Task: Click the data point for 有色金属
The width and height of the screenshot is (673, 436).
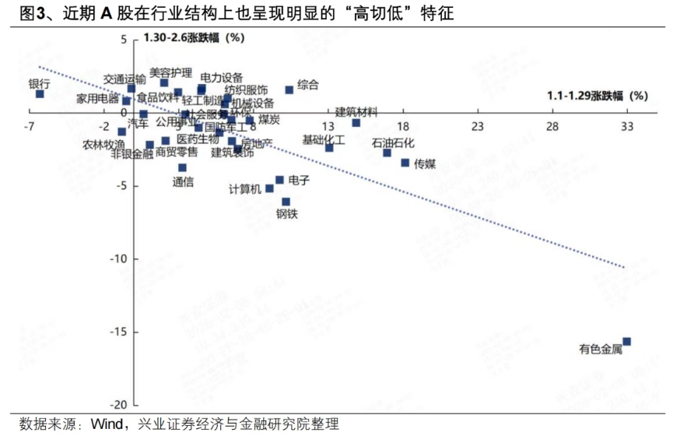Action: (x=626, y=342)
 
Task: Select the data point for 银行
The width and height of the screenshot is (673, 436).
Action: (x=40, y=93)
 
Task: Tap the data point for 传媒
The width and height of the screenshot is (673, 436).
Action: (x=405, y=162)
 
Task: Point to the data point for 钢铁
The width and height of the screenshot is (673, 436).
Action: (x=286, y=201)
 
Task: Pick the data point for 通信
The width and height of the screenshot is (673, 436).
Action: (x=182, y=167)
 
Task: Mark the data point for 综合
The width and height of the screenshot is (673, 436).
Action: (x=289, y=90)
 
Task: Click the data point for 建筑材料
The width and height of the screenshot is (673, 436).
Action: (x=356, y=122)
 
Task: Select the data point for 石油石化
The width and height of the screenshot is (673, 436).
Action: (x=387, y=153)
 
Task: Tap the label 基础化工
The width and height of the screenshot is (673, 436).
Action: (x=324, y=139)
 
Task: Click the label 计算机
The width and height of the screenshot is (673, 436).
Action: (x=245, y=189)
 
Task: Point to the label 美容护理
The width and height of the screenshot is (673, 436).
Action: (x=170, y=72)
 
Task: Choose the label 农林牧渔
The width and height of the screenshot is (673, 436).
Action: (x=103, y=144)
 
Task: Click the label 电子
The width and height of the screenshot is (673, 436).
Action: (x=299, y=180)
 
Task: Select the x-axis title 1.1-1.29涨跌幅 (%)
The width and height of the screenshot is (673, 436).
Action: (x=597, y=96)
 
